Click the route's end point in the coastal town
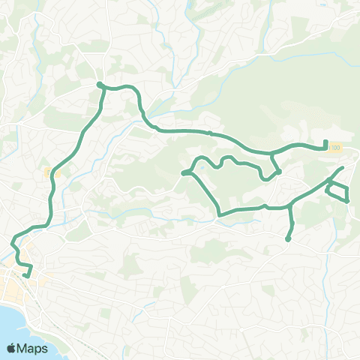(x=25, y=275)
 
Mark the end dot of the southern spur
(x=288, y=239)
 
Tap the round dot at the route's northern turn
(x=100, y=84)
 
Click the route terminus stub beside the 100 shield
(x=325, y=144)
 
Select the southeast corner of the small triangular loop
(x=347, y=201)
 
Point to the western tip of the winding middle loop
(x=183, y=174)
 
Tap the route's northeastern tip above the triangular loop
(x=343, y=168)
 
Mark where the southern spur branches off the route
(x=290, y=205)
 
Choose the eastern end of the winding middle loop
(x=278, y=172)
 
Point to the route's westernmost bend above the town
(x=13, y=242)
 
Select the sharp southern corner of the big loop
(x=219, y=215)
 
